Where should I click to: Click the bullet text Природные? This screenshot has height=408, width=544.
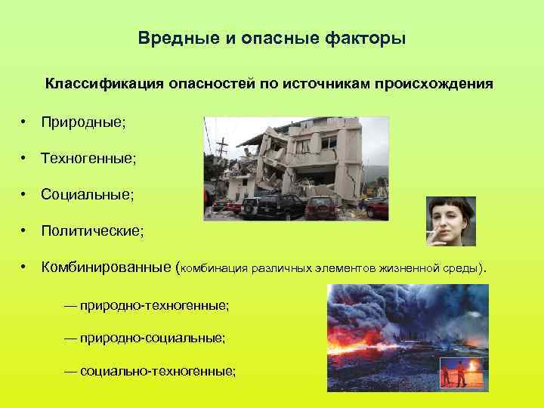pos(83,121)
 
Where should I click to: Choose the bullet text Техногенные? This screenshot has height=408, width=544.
pos(88,158)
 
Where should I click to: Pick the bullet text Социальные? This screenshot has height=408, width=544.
pos(87,195)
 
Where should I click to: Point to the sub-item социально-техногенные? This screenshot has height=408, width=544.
pos(150,371)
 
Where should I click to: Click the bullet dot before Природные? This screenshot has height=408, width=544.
pos(25,121)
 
